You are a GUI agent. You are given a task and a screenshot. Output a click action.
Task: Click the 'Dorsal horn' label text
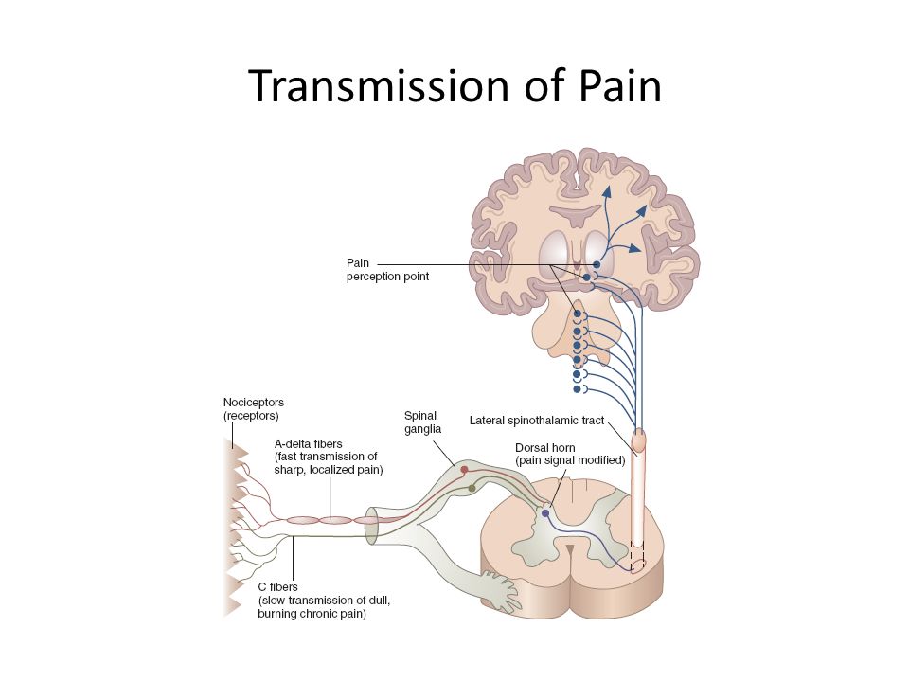544,447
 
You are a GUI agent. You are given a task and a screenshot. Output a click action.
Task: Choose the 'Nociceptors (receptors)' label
251,408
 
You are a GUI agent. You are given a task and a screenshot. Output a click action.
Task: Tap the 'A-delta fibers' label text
307,443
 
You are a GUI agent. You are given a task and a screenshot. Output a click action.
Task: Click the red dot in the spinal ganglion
464,469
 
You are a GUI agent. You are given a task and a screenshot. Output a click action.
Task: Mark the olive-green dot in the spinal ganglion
472,488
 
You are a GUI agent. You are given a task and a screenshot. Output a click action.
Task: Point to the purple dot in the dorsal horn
544,513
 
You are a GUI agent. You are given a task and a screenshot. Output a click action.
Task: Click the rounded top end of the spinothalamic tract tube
640,440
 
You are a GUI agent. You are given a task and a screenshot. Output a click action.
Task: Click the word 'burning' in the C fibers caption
280,614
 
